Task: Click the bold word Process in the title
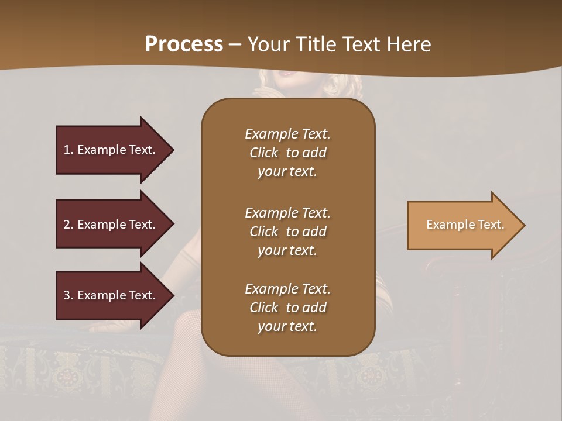tap(184, 44)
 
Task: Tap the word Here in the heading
tap(409, 44)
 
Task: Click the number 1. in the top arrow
tap(68, 150)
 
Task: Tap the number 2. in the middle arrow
tap(68, 225)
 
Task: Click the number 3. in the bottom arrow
tap(68, 295)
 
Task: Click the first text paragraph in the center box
tap(287, 153)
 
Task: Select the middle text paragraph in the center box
tap(287, 232)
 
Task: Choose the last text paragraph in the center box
tap(287, 308)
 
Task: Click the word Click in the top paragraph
tap(264, 153)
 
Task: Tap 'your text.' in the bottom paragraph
tap(287, 326)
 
